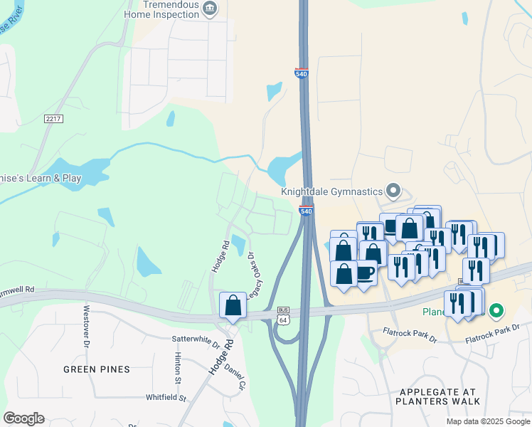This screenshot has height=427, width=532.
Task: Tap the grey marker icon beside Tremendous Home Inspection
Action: coord(210,9)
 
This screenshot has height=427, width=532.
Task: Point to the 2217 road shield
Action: coord(53,118)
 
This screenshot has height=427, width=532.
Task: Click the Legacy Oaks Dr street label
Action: coord(254,278)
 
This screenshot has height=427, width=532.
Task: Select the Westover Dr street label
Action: coord(86,322)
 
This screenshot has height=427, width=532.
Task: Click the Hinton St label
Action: coord(177,368)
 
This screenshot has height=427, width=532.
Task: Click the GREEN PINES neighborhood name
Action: coord(97,369)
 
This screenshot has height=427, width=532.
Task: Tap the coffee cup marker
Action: coord(365,273)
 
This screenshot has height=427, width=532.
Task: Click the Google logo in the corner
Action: coord(23,418)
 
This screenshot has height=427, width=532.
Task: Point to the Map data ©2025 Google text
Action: coord(488,421)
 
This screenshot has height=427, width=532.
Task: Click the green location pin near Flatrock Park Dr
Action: coord(497,311)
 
